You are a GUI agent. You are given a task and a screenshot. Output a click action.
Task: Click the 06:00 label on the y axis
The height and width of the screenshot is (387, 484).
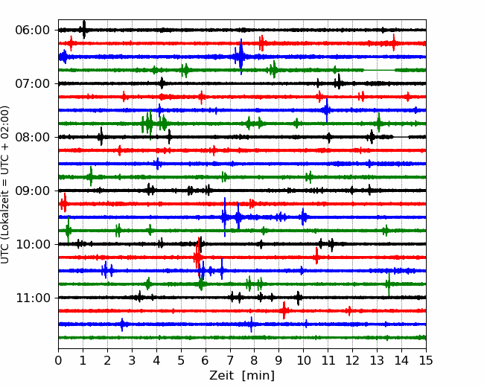coord(33,31)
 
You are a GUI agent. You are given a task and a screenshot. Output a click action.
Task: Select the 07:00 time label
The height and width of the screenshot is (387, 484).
coord(33,83)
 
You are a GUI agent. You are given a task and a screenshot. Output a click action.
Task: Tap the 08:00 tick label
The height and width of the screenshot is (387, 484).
coord(33,137)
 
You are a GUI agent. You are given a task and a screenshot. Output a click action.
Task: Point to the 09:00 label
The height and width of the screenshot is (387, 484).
coord(33,191)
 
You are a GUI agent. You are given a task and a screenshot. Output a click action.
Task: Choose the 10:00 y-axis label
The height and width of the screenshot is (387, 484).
coord(33,244)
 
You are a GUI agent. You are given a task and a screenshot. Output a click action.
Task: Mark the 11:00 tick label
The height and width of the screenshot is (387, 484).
coord(33,298)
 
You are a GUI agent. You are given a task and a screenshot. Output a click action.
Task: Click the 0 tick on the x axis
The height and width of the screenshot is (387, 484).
coord(58,360)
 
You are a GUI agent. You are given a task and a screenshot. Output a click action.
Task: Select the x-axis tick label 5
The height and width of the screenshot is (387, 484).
coord(181,360)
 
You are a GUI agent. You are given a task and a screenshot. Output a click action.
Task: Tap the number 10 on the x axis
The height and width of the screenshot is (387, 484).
coord(303,360)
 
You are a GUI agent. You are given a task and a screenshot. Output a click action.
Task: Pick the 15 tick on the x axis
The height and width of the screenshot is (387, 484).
coord(426,360)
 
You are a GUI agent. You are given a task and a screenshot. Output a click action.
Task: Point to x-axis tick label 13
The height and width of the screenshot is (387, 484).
coord(377,360)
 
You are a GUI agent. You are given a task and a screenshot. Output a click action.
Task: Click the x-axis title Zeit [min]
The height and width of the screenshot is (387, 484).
coord(242,376)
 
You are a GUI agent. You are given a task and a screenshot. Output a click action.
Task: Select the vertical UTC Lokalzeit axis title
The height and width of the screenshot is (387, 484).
coord(5,185)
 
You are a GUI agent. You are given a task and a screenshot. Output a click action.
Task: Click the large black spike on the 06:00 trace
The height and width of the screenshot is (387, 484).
coord(83,29)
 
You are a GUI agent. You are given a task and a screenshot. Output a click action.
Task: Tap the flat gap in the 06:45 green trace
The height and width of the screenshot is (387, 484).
coord(379,70)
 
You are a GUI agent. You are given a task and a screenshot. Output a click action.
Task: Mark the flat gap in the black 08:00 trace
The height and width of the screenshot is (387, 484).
coord(401,137)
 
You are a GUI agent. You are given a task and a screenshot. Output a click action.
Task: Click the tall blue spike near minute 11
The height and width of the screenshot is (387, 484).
coord(327,110)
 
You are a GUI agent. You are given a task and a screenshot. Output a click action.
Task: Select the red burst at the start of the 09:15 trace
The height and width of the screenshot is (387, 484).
coord(63,203)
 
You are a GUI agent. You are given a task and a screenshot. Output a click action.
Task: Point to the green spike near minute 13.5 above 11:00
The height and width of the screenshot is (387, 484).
coord(389,284)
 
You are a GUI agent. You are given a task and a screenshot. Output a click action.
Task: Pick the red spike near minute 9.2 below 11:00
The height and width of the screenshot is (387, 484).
coord(284,310)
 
